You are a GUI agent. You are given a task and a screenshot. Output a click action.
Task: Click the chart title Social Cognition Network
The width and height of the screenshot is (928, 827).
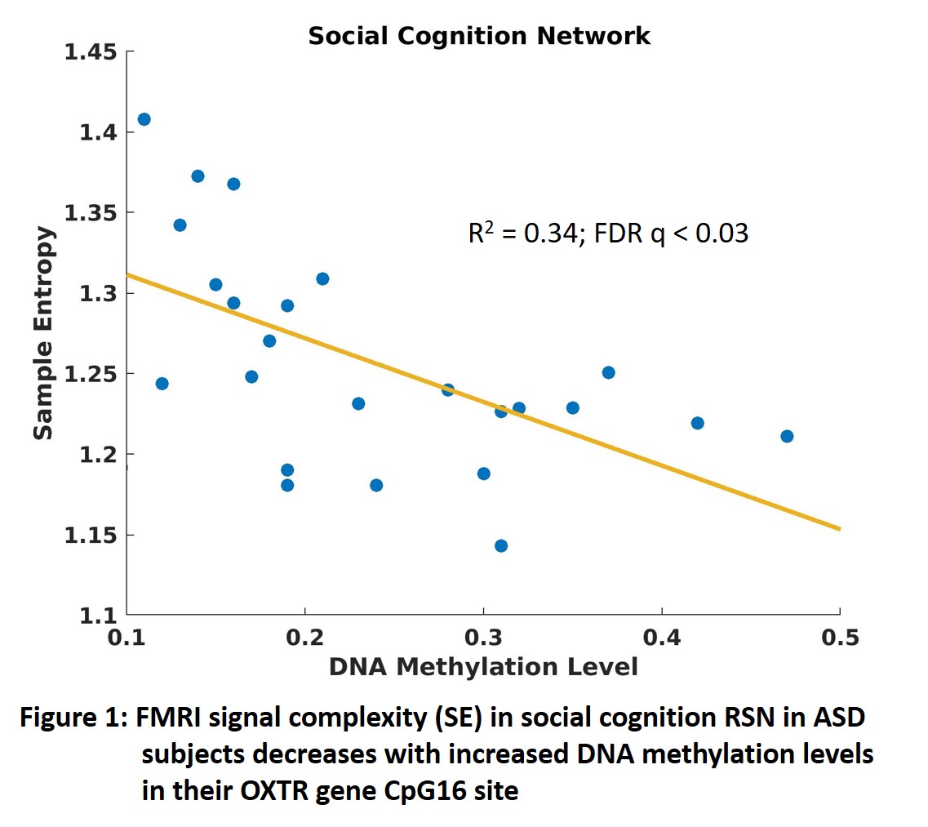479,36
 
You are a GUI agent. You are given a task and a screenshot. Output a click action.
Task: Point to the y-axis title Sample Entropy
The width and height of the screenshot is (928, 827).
44,333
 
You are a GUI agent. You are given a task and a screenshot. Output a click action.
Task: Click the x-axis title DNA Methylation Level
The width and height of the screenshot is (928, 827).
482,667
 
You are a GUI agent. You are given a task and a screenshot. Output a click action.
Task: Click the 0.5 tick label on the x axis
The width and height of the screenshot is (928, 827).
840,638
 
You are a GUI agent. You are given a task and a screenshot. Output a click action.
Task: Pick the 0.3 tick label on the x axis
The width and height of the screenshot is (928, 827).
482,638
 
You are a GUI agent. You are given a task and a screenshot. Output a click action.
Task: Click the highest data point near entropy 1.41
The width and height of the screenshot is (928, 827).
144,119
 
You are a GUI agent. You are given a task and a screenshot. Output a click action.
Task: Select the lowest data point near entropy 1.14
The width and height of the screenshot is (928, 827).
501,545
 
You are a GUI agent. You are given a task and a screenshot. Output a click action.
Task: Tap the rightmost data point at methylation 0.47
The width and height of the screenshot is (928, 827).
787,436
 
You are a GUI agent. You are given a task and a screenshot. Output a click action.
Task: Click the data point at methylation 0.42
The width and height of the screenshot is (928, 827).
697,423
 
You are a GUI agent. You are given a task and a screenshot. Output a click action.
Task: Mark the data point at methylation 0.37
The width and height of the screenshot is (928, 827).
608,372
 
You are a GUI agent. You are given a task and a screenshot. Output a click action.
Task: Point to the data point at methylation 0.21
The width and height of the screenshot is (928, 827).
322,278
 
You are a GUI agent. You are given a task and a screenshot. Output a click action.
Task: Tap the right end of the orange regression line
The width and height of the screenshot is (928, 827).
838,529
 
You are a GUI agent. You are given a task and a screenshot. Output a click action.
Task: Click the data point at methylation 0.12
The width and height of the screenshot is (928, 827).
162,384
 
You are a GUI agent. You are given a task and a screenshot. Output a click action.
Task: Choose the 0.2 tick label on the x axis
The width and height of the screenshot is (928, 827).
304,638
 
